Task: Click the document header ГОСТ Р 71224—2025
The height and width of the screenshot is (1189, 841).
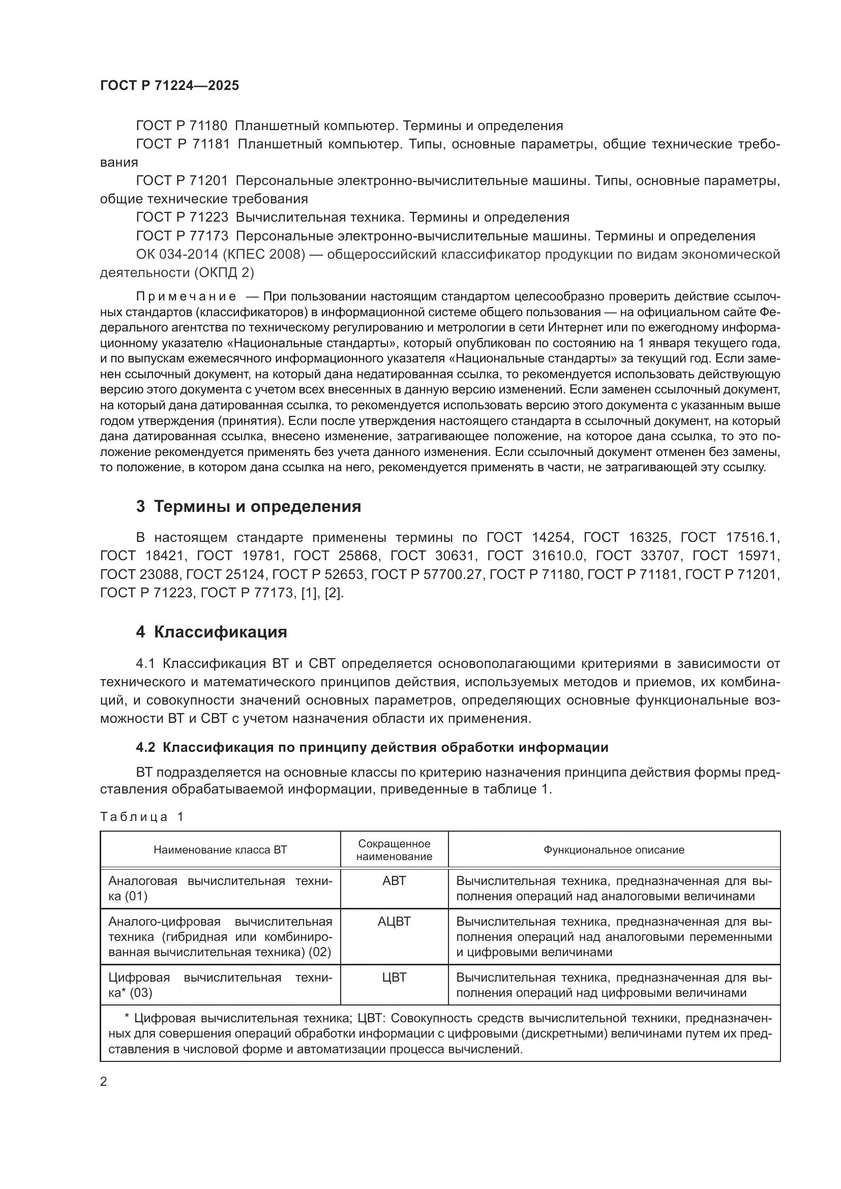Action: [x=169, y=86]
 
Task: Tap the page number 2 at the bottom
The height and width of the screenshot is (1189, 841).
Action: [x=104, y=1082]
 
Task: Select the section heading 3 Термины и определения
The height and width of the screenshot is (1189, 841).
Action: [x=249, y=506]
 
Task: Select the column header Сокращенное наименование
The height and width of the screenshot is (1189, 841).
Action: [x=394, y=850]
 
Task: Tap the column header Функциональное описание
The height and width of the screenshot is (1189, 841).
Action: [x=614, y=850]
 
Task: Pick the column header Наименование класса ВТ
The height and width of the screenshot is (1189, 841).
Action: [x=220, y=850]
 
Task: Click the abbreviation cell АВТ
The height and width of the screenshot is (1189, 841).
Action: [x=394, y=881]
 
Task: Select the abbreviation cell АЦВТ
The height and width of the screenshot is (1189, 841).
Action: [x=394, y=921]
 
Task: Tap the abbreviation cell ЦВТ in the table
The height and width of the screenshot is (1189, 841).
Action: [x=394, y=977]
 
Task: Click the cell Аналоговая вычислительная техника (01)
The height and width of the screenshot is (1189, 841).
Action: [x=220, y=888]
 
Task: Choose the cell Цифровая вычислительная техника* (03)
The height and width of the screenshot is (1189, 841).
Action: [x=220, y=985]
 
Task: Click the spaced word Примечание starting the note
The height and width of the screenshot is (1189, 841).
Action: [x=186, y=297]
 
